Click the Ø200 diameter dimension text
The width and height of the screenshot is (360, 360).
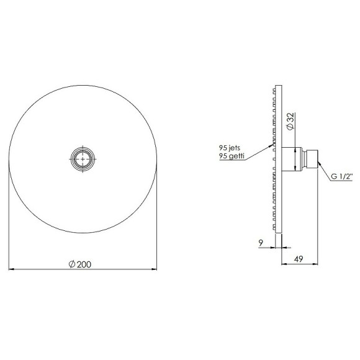point(81,264)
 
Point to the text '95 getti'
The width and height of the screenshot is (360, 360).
point(232,158)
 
